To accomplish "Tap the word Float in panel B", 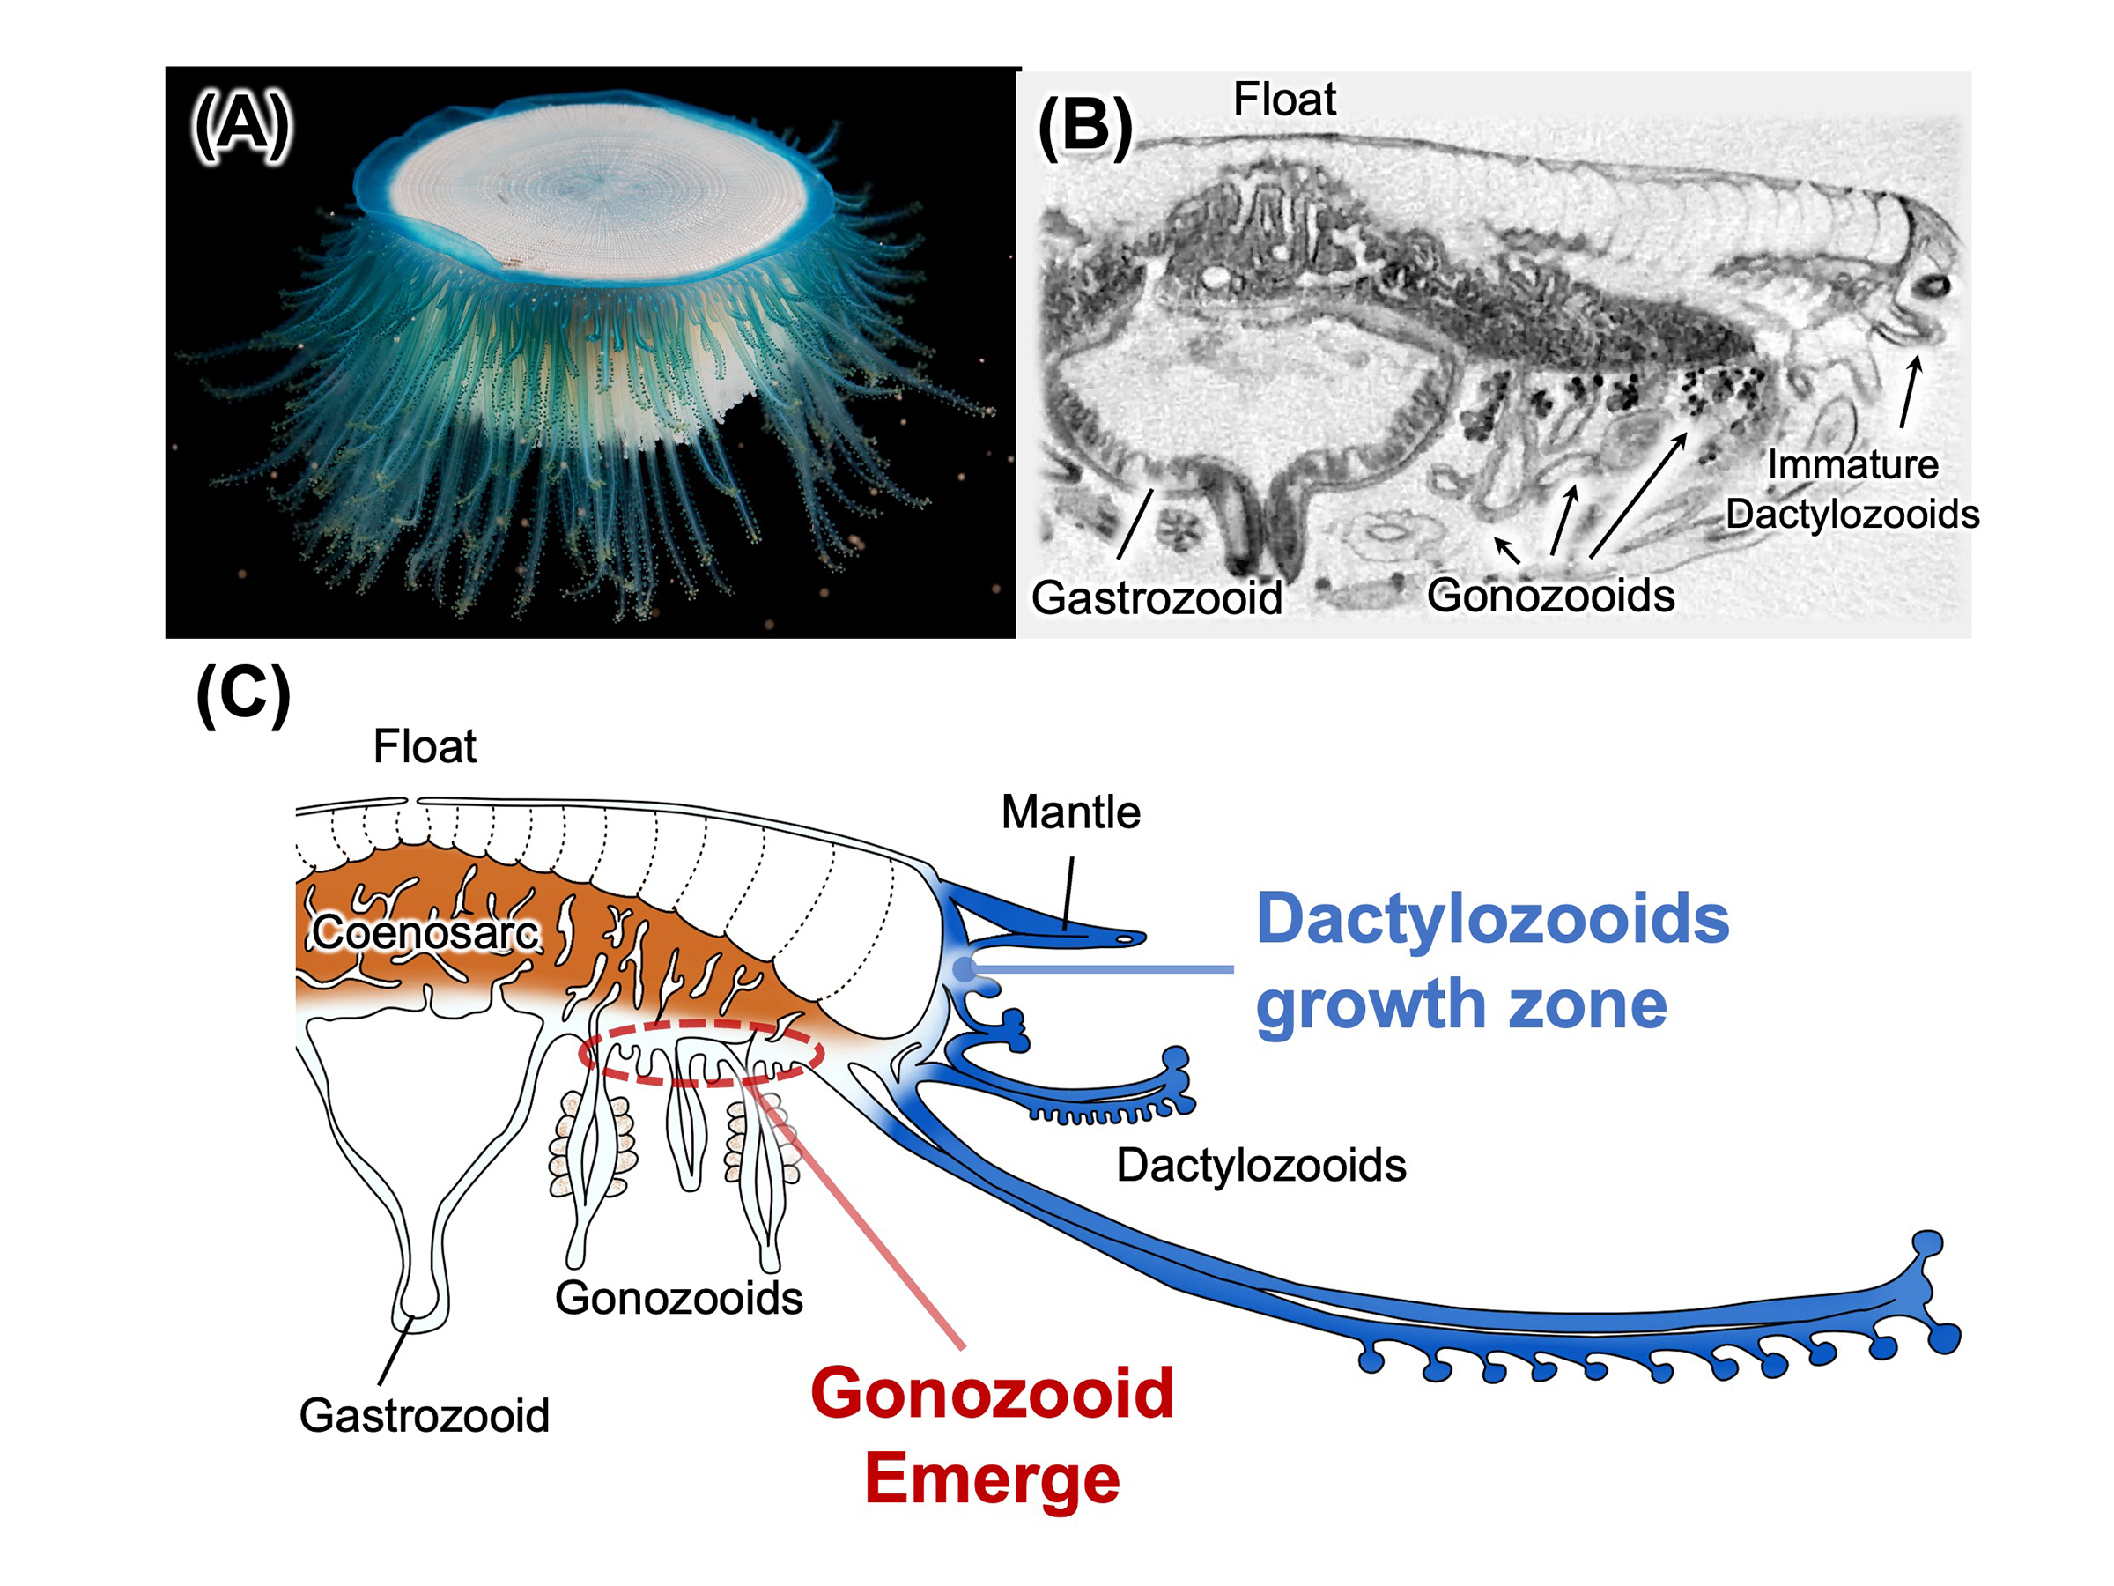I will click(1283, 100).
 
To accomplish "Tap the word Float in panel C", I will click(425, 746).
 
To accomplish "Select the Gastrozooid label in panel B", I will click(1157, 598).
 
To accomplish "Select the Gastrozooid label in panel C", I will click(425, 1416).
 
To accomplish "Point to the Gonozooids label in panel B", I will click(1550, 596).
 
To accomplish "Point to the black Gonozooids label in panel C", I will click(678, 1298).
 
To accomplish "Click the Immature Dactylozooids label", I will click(1852, 490).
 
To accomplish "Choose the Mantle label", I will click(1070, 812).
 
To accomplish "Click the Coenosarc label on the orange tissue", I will click(425, 932).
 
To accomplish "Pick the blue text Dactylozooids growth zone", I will click(1491, 960).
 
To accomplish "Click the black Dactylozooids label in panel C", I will click(1260, 1166).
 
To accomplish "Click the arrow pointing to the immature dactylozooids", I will click(1910, 392).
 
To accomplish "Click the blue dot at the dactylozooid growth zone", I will click(965, 969).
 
